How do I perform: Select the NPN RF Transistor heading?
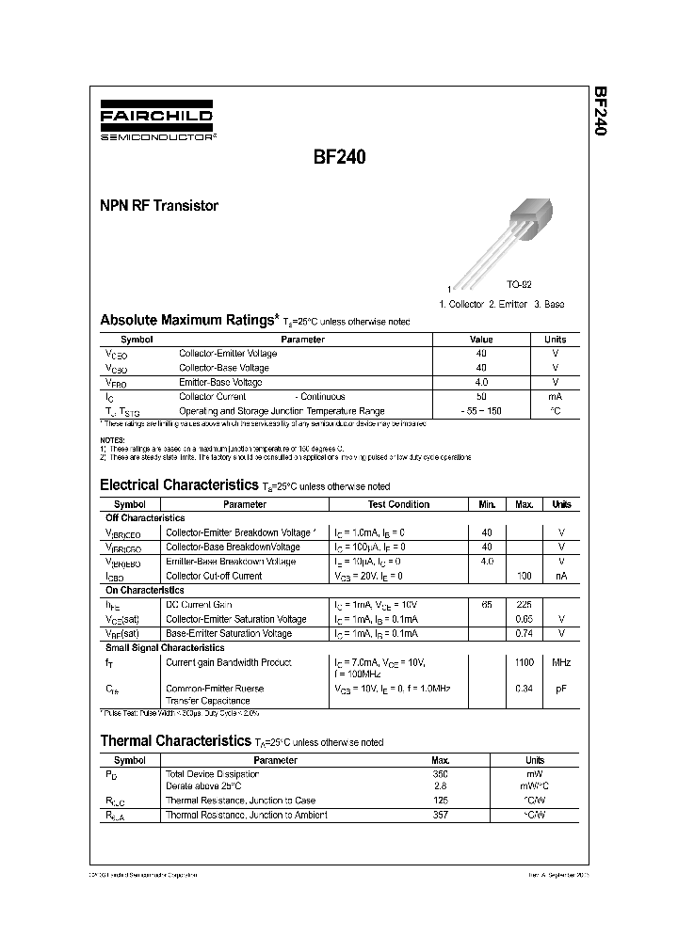(158, 205)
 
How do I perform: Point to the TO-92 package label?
(520, 284)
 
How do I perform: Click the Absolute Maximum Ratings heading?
(189, 320)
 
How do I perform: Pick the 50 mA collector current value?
(481, 397)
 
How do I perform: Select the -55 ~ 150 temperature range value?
(481, 411)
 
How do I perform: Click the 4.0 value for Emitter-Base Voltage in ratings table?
(481, 382)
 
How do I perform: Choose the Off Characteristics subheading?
(144, 518)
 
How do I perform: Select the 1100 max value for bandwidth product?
(524, 662)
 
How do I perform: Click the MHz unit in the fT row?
(561, 662)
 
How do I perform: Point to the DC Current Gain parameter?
(199, 604)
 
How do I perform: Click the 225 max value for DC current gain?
(524, 604)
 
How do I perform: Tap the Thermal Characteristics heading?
(175, 741)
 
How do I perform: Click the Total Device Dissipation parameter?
(212, 774)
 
